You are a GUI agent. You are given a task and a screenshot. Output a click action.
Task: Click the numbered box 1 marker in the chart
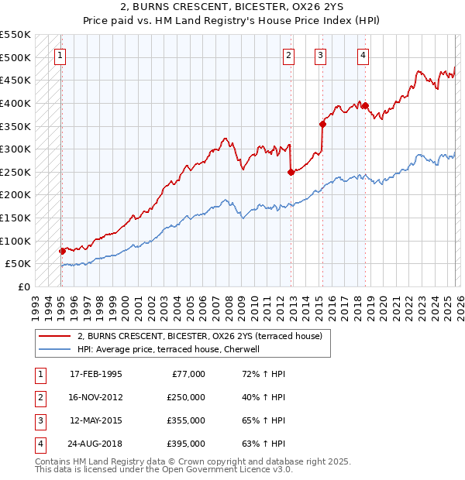[x=60, y=55]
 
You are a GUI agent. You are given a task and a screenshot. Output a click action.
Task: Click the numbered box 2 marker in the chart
[x=288, y=55]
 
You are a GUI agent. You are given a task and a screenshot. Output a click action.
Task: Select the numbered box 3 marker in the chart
[x=320, y=55]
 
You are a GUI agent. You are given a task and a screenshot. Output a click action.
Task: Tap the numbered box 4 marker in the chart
[x=363, y=55]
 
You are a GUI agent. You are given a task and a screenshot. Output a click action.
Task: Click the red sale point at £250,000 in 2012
[x=291, y=172]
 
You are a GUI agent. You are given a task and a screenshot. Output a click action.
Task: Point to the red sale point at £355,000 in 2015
[x=322, y=124]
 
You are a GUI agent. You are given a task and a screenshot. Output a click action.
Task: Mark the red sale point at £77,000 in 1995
[x=62, y=251]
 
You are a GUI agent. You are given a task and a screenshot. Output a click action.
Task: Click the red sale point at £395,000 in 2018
[x=365, y=105]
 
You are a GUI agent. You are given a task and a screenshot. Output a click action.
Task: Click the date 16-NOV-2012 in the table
[x=95, y=396]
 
